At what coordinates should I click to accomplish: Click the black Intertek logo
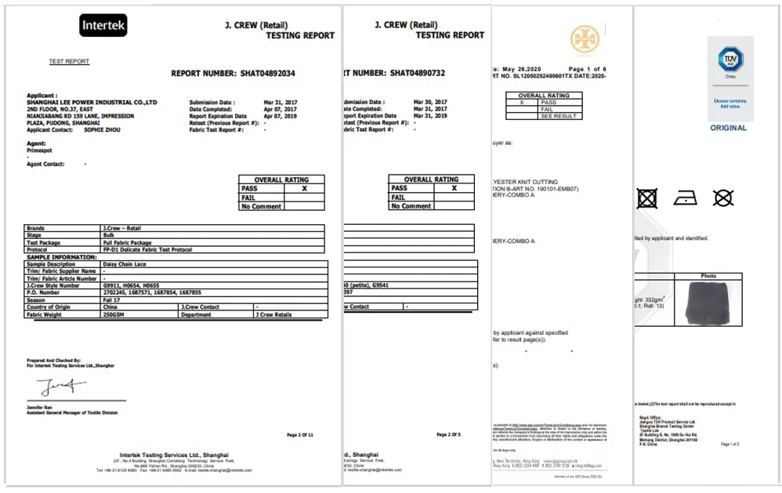tap(103, 26)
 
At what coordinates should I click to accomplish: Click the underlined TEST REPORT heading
tap(69, 61)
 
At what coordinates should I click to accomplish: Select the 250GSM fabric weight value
tap(114, 314)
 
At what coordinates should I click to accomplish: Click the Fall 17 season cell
tap(111, 300)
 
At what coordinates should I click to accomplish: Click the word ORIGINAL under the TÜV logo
tap(729, 128)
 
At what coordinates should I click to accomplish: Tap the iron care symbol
tap(685, 198)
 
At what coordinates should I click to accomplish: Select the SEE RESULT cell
tap(559, 116)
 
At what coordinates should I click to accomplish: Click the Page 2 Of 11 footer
tap(300, 434)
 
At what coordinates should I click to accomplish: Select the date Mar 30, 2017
tap(430, 102)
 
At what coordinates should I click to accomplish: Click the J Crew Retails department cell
tap(273, 314)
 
